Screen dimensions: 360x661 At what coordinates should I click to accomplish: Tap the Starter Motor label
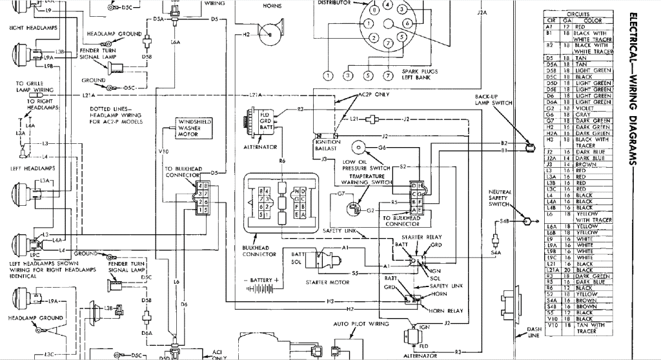click(x=322, y=282)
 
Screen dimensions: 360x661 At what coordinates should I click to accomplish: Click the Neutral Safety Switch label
click(x=499, y=198)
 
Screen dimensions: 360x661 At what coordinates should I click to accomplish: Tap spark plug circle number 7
click(x=387, y=76)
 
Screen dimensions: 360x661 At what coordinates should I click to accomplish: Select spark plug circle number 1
click(x=327, y=76)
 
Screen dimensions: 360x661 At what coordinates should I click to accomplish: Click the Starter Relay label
click(x=417, y=237)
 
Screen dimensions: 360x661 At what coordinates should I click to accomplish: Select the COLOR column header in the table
click(x=592, y=21)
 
